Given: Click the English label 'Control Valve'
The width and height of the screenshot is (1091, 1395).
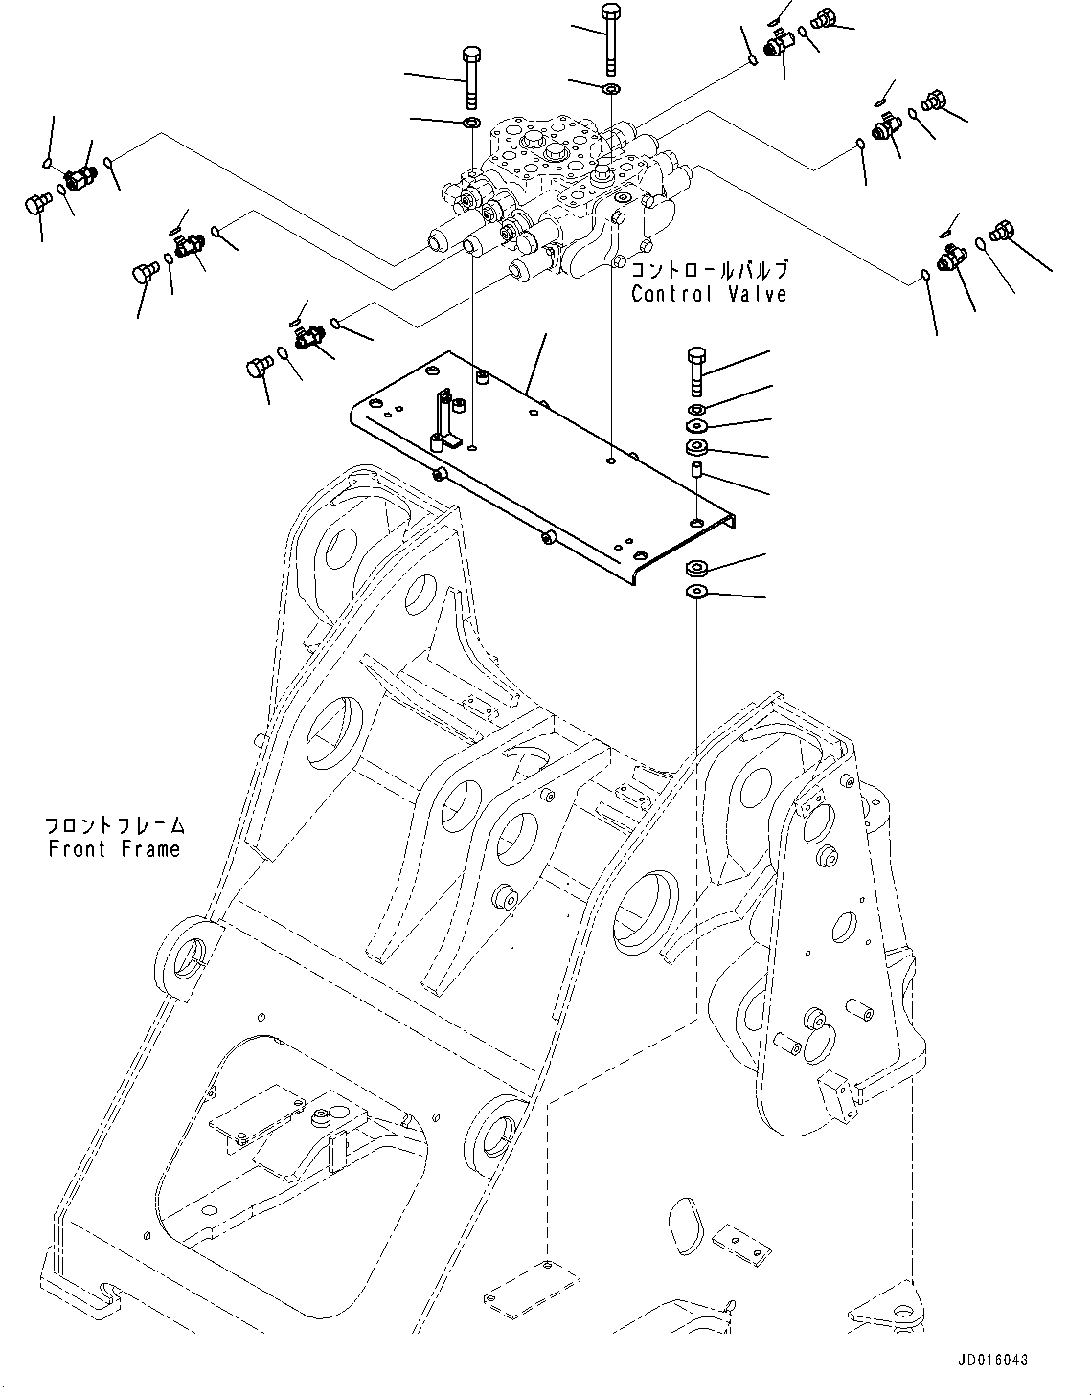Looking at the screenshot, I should click(x=708, y=294).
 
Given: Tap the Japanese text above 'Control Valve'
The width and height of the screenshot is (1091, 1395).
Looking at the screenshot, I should click(x=708, y=270).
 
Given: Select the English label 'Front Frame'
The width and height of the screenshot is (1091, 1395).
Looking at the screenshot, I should click(x=114, y=848).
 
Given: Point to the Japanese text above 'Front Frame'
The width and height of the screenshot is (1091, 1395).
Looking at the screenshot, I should click(x=114, y=825).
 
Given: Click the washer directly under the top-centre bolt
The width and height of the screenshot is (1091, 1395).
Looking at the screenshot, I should click(x=610, y=89).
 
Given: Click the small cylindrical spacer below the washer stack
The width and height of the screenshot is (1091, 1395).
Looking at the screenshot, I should click(x=696, y=474).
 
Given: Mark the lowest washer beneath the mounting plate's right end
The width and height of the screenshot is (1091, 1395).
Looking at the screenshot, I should click(x=696, y=593).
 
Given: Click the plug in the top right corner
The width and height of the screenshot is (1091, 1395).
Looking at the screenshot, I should click(x=823, y=17).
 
